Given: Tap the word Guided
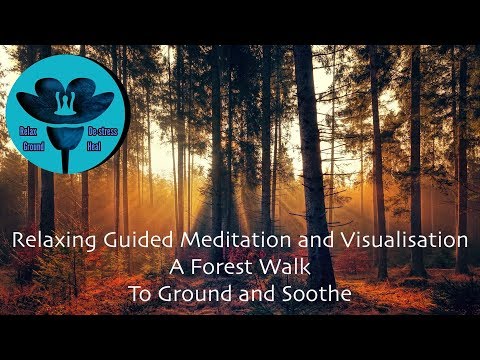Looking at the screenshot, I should click(134, 241).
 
